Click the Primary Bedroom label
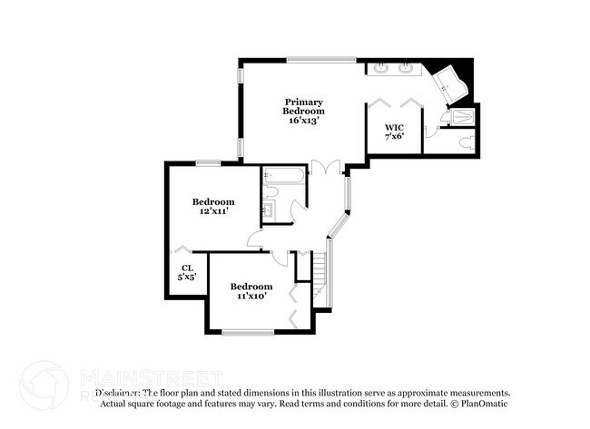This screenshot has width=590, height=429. pyautogui.click(x=304, y=106)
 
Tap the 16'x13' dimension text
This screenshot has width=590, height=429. pyautogui.click(x=304, y=120)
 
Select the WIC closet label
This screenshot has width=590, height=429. pyautogui.click(x=394, y=127)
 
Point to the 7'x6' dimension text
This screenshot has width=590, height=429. pyautogui.click(x=394, y=137)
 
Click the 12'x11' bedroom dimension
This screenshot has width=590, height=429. pyautogui.click(x=213, y=210)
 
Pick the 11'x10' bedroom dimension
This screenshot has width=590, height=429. pyautogui.click(x=251, y=295)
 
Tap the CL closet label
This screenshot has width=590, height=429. pyautogui.click(x=187, y=268)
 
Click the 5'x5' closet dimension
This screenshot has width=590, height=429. pyautogui.click(x=187, y=278)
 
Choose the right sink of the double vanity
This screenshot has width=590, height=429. pyautogui.click(x=406, y=68)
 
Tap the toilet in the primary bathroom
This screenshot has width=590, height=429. pyautogui.click(x=465, y=141)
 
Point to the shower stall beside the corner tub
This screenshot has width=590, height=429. pyautogui.click(x=462, y=116)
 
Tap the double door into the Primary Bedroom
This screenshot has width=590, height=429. pyautogui.click(x=324, y=169)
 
